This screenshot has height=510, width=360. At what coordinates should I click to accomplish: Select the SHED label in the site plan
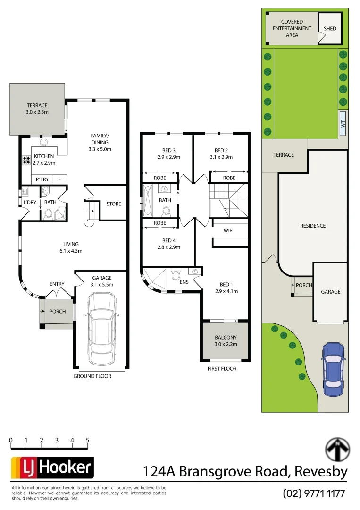pyautogui.click(x=330, y=29)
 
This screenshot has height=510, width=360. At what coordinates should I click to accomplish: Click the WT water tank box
pyautogui.click(x=343, y=124)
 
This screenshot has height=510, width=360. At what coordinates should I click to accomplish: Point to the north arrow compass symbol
pyautogui.click(x=338, y=449)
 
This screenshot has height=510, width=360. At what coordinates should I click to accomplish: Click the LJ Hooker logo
pyautogui.click(x=52, y=468)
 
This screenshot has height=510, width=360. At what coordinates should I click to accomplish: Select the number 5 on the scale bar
pyautogui.click(x=88, y=440)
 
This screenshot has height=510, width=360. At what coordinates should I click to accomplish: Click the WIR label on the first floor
pyautogui.click(x=228, y=231)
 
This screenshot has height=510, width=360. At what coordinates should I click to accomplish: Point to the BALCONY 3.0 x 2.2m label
pyautogui.click(x=226, y=341)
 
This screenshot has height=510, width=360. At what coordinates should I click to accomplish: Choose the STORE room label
pyautogui.click(x=114, y=204)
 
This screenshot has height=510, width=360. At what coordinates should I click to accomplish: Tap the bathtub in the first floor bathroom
pyautogui.click(x=148, y=200)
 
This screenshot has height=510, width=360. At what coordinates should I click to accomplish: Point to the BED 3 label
pyautogui.click(x=168, y=154)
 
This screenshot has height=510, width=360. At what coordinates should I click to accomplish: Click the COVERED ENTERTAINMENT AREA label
pyautogui.click(x=292, y=28)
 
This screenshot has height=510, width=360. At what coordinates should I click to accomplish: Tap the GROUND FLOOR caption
pyautogui.click(x=92, y=376)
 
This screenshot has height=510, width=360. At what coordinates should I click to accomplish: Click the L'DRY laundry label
pyautogui.click(x=30, y=203)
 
